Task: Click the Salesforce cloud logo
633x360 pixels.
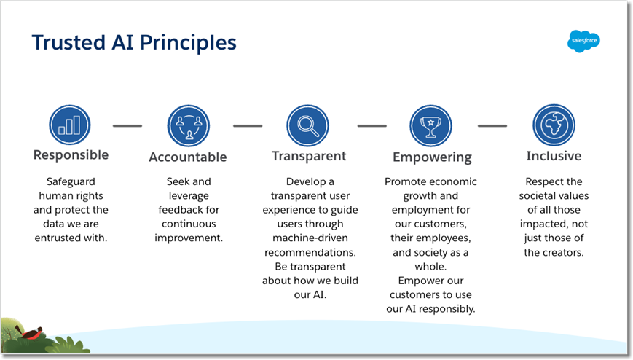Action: [x=583, y=42]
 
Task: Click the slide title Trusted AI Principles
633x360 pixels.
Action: [x=134, y=42]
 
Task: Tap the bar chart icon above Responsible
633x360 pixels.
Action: [x=70, y=125]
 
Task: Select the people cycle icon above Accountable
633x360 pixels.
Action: [x=188, y=125]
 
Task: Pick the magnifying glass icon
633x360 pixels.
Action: [x=307, y=125]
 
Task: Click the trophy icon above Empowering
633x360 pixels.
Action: [x=430, y=125]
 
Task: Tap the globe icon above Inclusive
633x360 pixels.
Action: [x=554, y=125]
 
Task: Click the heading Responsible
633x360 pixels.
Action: [x=71, y=154]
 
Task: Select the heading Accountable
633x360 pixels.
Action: [x=188, y=157]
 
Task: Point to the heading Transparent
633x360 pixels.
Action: [x=309, y=156]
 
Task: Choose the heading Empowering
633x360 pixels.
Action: [x=432, y=157]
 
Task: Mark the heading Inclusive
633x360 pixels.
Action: [x=554, y=155]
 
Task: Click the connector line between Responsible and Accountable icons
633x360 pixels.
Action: [x=127, y=125]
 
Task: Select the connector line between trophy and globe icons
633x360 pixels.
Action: [x=492, y=125]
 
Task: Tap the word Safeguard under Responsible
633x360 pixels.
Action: [x=71, y=181]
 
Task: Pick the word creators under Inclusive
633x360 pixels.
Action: [x=563, y=252]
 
